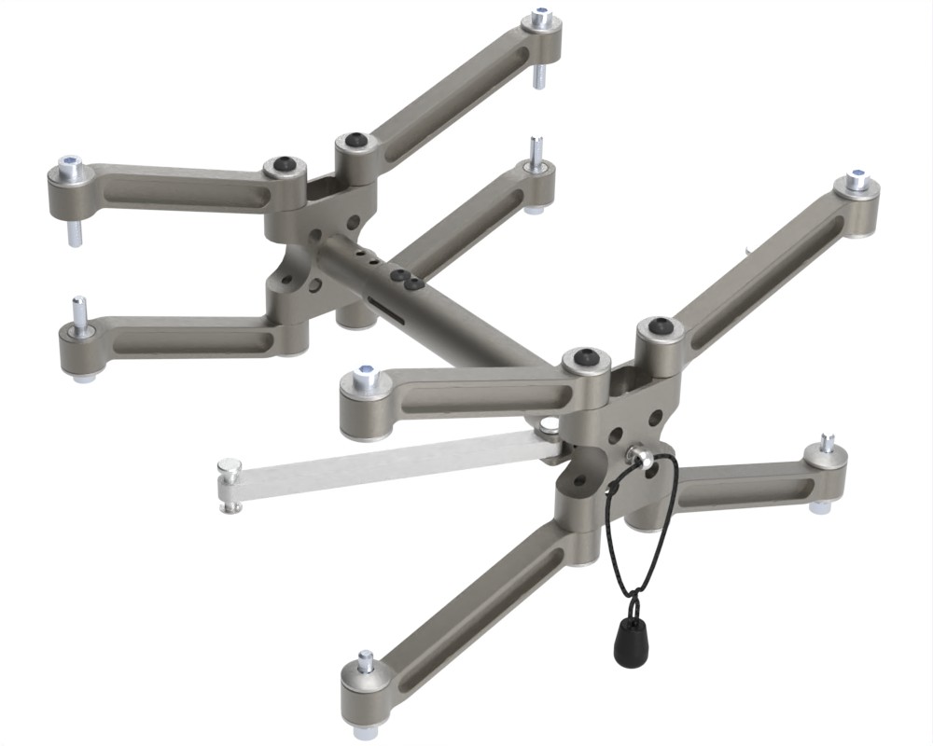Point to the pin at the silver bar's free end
coord(229,482)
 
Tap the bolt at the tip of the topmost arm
coord(541,19)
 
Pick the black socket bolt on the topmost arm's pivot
coord(354,142)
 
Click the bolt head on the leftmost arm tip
coord(70,169)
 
